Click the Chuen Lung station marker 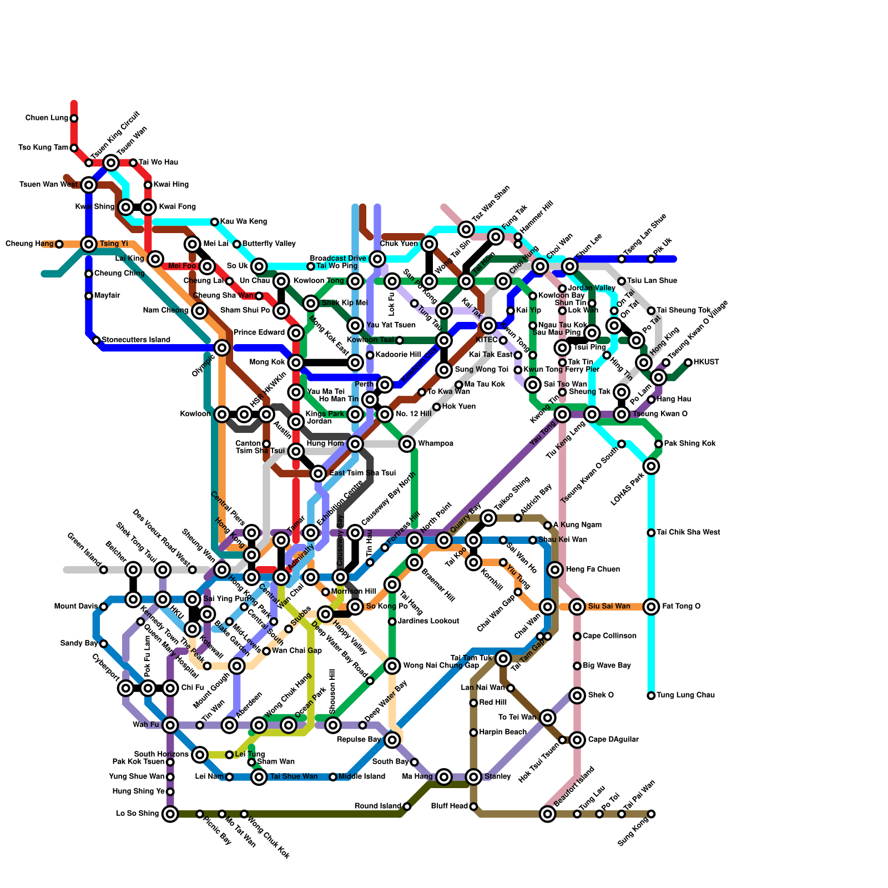[74, 118]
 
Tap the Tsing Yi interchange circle [89, 244]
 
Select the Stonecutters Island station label [136, 340]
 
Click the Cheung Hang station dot [59, 244]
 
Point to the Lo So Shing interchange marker [170, 814]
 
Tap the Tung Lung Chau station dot [651, 695]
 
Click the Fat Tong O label [681, 606]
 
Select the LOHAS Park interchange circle [651, 466]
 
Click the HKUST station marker [688, 362]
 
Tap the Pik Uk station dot [651, 259]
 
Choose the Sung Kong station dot [651, 814]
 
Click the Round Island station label [377, 806]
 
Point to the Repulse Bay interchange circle [392, 739]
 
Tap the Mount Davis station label [76, 606]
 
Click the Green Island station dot [104, 569]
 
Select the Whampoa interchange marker [407, 443]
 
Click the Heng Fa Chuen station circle [555, 569]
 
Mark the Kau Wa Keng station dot [215, 222]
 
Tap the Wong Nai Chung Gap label [441, 665]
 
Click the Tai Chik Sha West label [688, 532]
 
